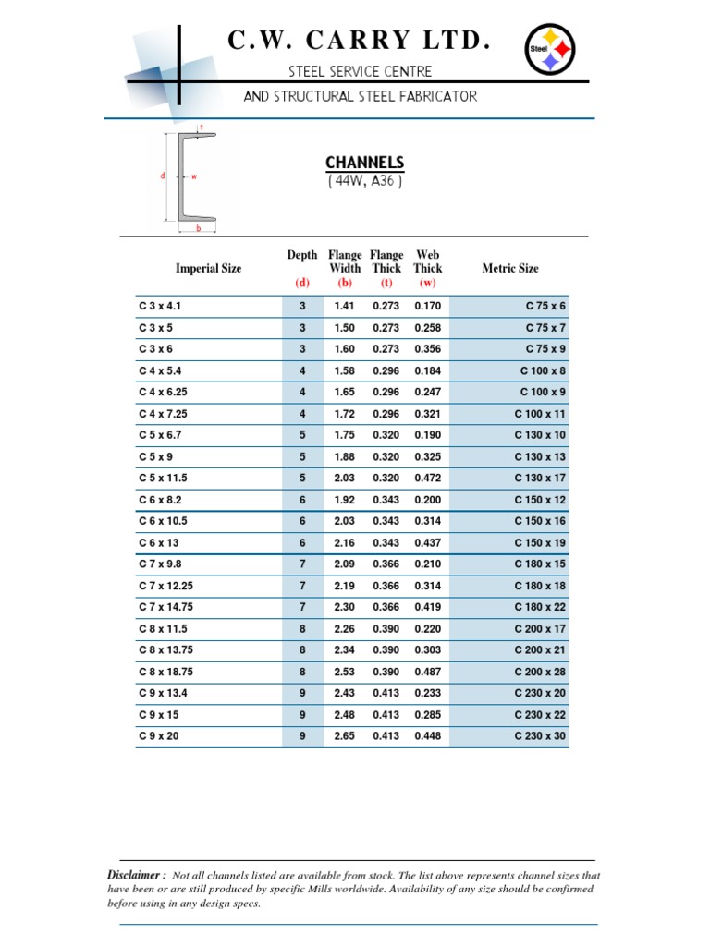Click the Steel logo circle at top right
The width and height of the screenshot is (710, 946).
[550, 47]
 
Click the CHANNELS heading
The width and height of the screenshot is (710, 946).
[364, 163]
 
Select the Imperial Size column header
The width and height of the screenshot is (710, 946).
[208, 269]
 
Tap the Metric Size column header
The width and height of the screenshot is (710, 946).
[510, 269]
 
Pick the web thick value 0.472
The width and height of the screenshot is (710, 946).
[428, 479]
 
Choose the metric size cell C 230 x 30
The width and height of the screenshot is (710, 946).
[540, 736]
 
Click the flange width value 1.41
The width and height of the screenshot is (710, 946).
[344, 306]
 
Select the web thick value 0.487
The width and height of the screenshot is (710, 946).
[428, 672]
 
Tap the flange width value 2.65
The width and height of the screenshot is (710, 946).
[344, 736]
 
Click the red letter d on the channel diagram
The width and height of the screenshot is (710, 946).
[163, 176]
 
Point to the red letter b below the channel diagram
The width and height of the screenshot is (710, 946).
[198, 228]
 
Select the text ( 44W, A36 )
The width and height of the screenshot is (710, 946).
[364, 181]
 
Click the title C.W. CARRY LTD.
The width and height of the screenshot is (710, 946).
[358, 41]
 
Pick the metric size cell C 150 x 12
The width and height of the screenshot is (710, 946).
[540, 500]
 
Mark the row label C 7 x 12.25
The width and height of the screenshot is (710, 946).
[167, 586]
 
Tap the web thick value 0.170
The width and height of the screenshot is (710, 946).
[428, 306]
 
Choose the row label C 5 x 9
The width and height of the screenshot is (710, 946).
[156, 456]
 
